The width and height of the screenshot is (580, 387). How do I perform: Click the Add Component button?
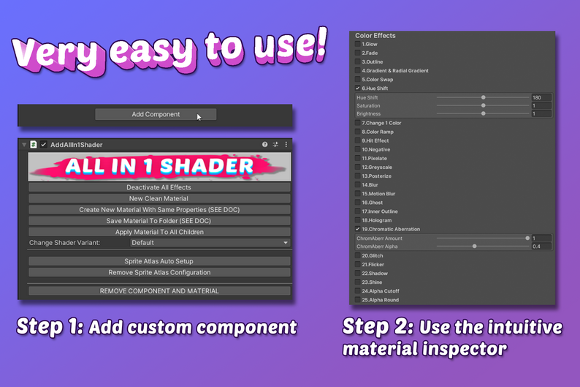tap(156, 114)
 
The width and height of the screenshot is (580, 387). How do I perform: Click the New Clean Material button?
tap(159, 198)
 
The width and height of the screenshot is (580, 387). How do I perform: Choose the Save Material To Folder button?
tap(159, 220)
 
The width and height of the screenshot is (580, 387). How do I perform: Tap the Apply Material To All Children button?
tap(159, 231)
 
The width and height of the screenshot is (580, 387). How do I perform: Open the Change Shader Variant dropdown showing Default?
tap(210, 242)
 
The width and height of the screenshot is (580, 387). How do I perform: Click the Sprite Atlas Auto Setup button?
tap(159, 261)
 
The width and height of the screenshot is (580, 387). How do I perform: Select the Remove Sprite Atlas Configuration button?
tap(159, 272)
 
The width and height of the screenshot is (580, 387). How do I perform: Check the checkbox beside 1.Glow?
tap(357, 45)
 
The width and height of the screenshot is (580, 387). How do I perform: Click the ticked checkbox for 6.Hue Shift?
tap(357, 89)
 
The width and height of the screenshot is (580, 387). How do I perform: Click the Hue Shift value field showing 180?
tap(541, 97)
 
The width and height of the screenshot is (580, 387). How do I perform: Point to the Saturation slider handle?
tap(484, 105)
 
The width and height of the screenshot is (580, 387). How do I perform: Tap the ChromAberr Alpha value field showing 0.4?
tap(541, 247)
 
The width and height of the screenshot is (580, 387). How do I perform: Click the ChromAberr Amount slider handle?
tap(527, 238)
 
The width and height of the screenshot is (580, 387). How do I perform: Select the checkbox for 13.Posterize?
tap(357, 176)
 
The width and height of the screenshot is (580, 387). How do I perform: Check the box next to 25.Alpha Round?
tap(357, 300)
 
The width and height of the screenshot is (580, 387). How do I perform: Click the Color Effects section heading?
tap(375, 35)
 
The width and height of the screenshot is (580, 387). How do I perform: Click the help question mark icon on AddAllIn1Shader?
tap(265, 145)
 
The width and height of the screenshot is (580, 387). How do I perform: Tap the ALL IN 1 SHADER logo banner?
tap(159, 166)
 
